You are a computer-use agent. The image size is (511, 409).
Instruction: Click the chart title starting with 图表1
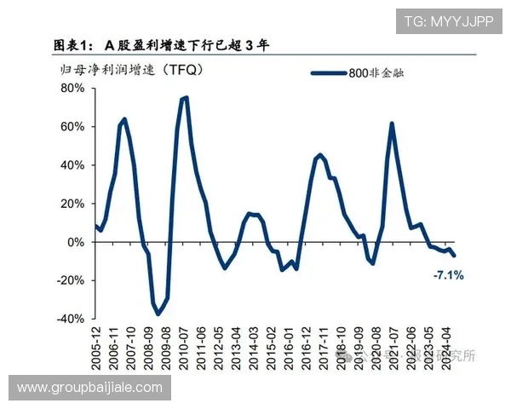(x=162, y=45)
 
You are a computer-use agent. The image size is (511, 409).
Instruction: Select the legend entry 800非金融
(x=375, y=73)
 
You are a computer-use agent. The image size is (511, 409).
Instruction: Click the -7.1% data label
(x=448, y=275)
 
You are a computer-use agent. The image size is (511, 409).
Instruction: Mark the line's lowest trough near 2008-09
(x=158, y=314)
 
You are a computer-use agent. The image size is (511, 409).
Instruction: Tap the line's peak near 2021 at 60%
(x=391, y=124)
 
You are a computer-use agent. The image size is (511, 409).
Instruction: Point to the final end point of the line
(x=455, y=256)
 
